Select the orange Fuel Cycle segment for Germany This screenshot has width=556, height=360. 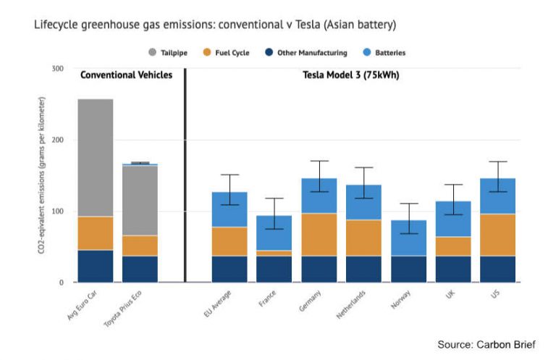[319, 235]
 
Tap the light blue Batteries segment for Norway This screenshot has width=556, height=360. [408, 238]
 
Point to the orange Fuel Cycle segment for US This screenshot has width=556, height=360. [497, 235]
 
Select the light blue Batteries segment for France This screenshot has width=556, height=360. [274, 233]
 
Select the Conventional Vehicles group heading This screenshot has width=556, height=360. [126, 75]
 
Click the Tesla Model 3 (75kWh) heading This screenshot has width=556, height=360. [350, 75]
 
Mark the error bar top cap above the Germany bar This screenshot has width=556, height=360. [319, 161]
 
